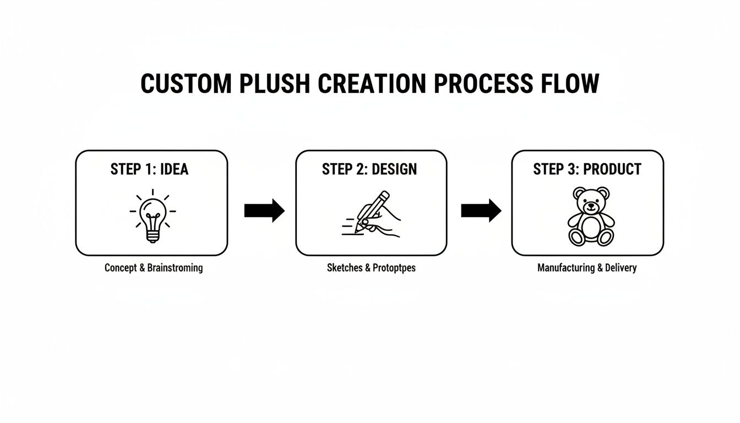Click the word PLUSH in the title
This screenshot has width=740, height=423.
tap(274, 84)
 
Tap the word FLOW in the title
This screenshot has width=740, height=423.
tap(570, 84)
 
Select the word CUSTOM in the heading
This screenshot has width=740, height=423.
tap(186, 84)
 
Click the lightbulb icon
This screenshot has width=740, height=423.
tap(153, 216)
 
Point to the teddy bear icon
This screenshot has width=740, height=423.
tap(591, 216)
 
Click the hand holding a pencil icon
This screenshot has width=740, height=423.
tap(371, 214)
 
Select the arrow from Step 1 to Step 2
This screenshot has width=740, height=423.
tap(264, 210)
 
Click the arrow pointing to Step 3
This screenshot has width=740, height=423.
tap(481, 210)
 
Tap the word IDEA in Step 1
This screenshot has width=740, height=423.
tap(174, 169)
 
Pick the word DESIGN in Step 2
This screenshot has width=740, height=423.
tap(394, 169)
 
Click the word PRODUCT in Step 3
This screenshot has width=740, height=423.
tap(612, 169)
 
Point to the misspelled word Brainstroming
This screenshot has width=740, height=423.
tap(175, 268)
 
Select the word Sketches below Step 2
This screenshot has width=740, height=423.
tap(345, 268)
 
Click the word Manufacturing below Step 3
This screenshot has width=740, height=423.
tap(566, 268)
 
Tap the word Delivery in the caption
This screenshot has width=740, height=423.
tap(621, 268)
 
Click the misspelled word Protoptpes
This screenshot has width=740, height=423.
tap(394, 268)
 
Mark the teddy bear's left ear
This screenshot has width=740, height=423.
tap(579, 193)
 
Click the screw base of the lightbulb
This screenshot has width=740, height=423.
tap(153, 237)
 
